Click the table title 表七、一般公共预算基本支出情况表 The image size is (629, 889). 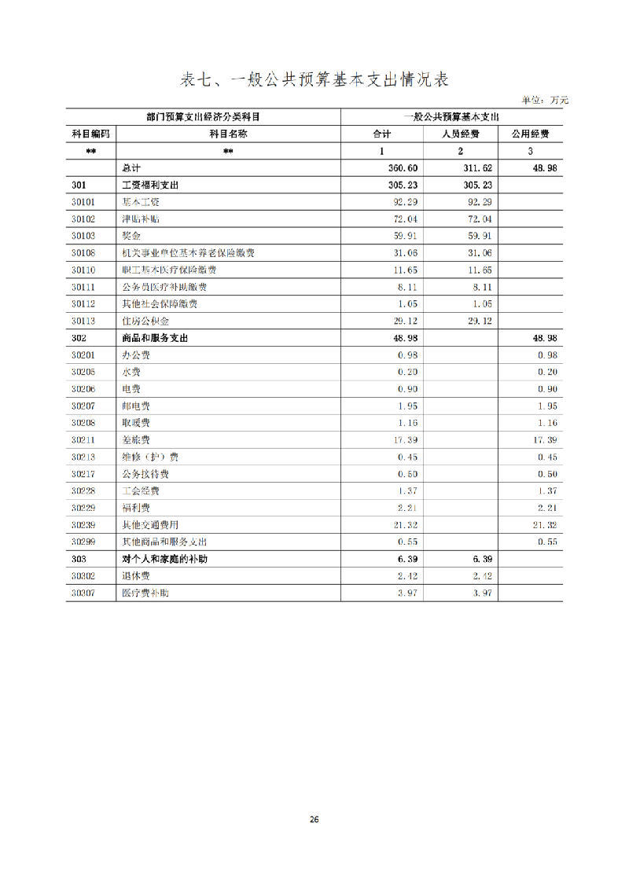pos(314,79)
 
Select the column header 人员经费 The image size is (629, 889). pos(460,134)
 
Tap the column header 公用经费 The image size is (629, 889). pos(530,134)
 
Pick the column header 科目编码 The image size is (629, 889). pos(91,134)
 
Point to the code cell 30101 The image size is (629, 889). pos(83,202)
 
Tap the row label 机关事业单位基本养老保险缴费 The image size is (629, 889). pos(188,253)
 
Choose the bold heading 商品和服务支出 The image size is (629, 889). pos(156,338)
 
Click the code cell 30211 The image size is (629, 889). pos(83,440)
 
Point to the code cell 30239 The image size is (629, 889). pos(83,525)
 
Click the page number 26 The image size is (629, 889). pos(314,820)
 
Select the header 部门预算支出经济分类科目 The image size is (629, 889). pos(204,116)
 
